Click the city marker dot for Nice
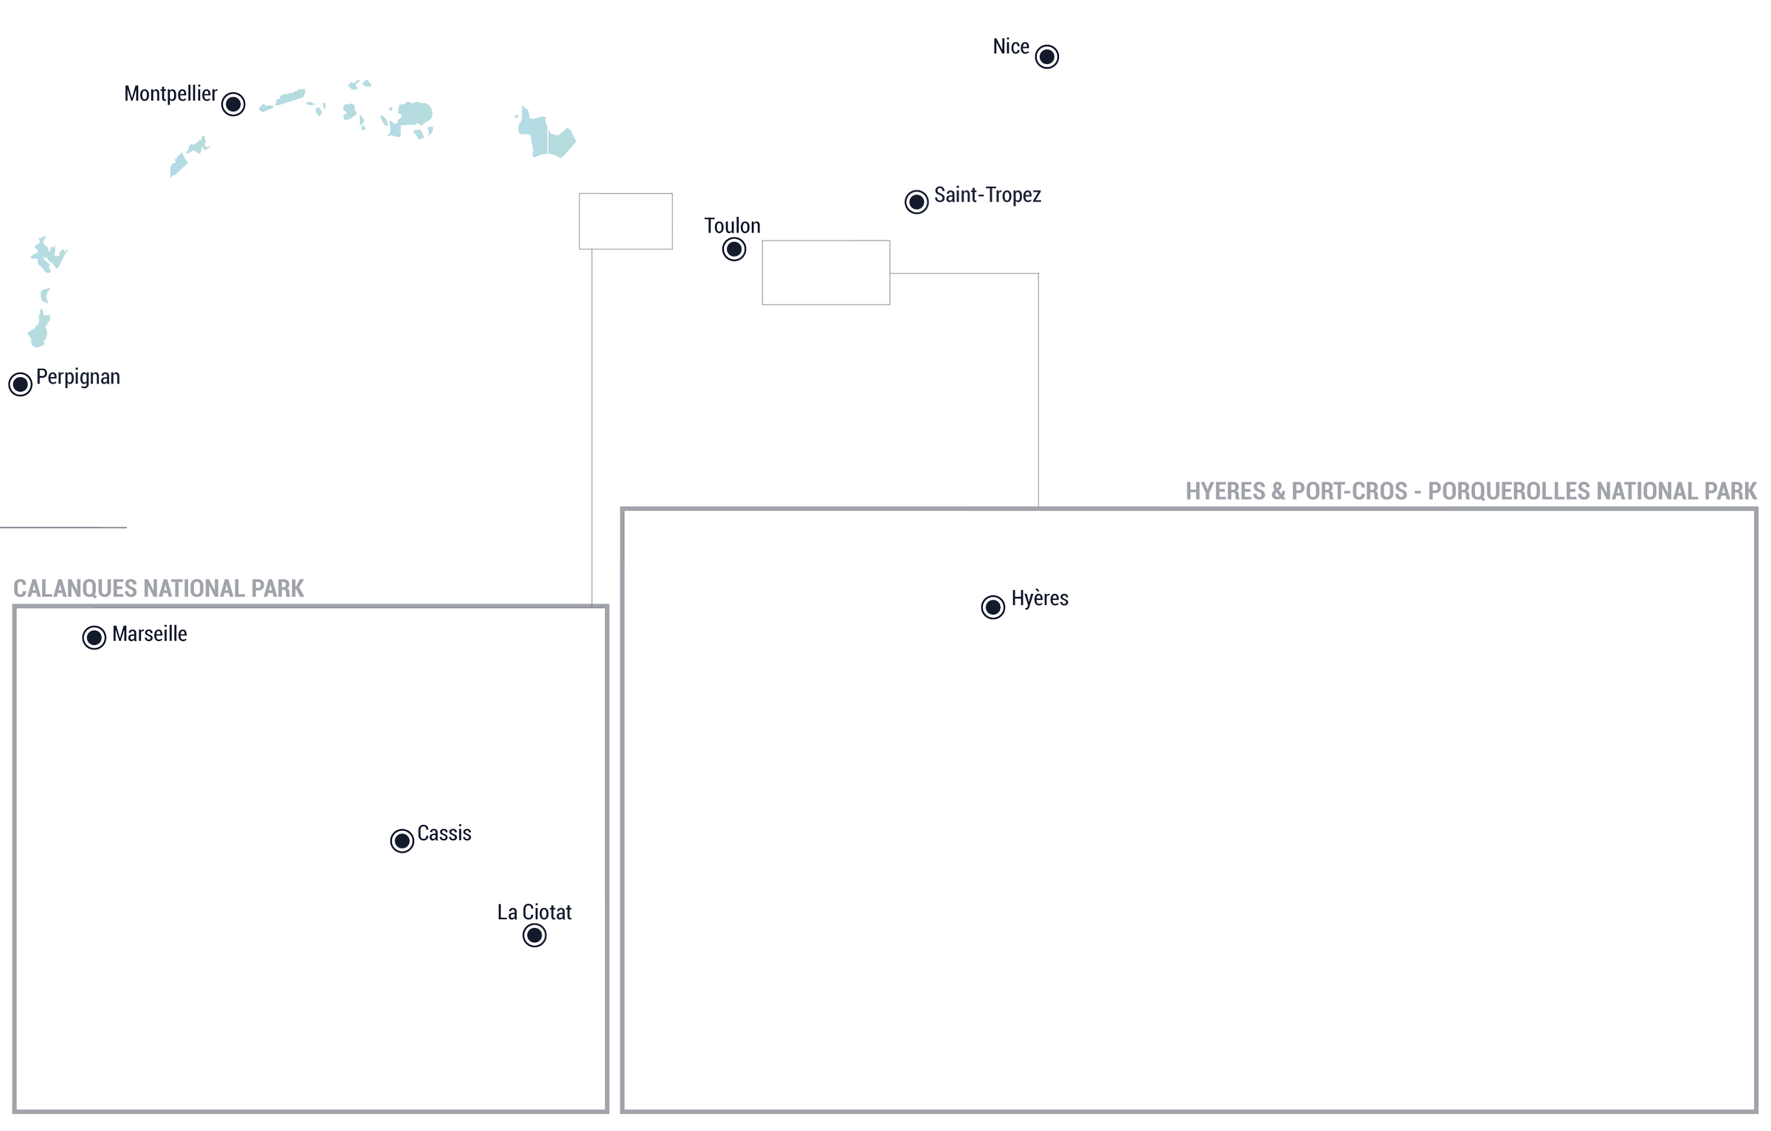pos(1046,57)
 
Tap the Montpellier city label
pos(170,94)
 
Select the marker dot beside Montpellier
pos(233,104)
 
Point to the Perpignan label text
pos(78,377)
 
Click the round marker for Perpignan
pos(21,384)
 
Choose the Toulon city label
pos(732,226)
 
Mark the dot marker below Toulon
pos(734,249)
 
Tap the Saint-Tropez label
pos(987,195)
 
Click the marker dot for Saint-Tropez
pos(916,201)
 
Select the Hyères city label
pos(1040,598)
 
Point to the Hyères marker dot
pos(993,607)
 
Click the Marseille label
pos(150,634)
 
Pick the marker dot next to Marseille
pos(94,637)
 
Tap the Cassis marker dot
pos(402,840)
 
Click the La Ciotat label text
pos(534,913)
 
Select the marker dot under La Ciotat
pos(534,935)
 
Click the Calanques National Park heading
pos(159,589)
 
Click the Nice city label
pos(1011,46)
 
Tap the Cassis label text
pos(444,833)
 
